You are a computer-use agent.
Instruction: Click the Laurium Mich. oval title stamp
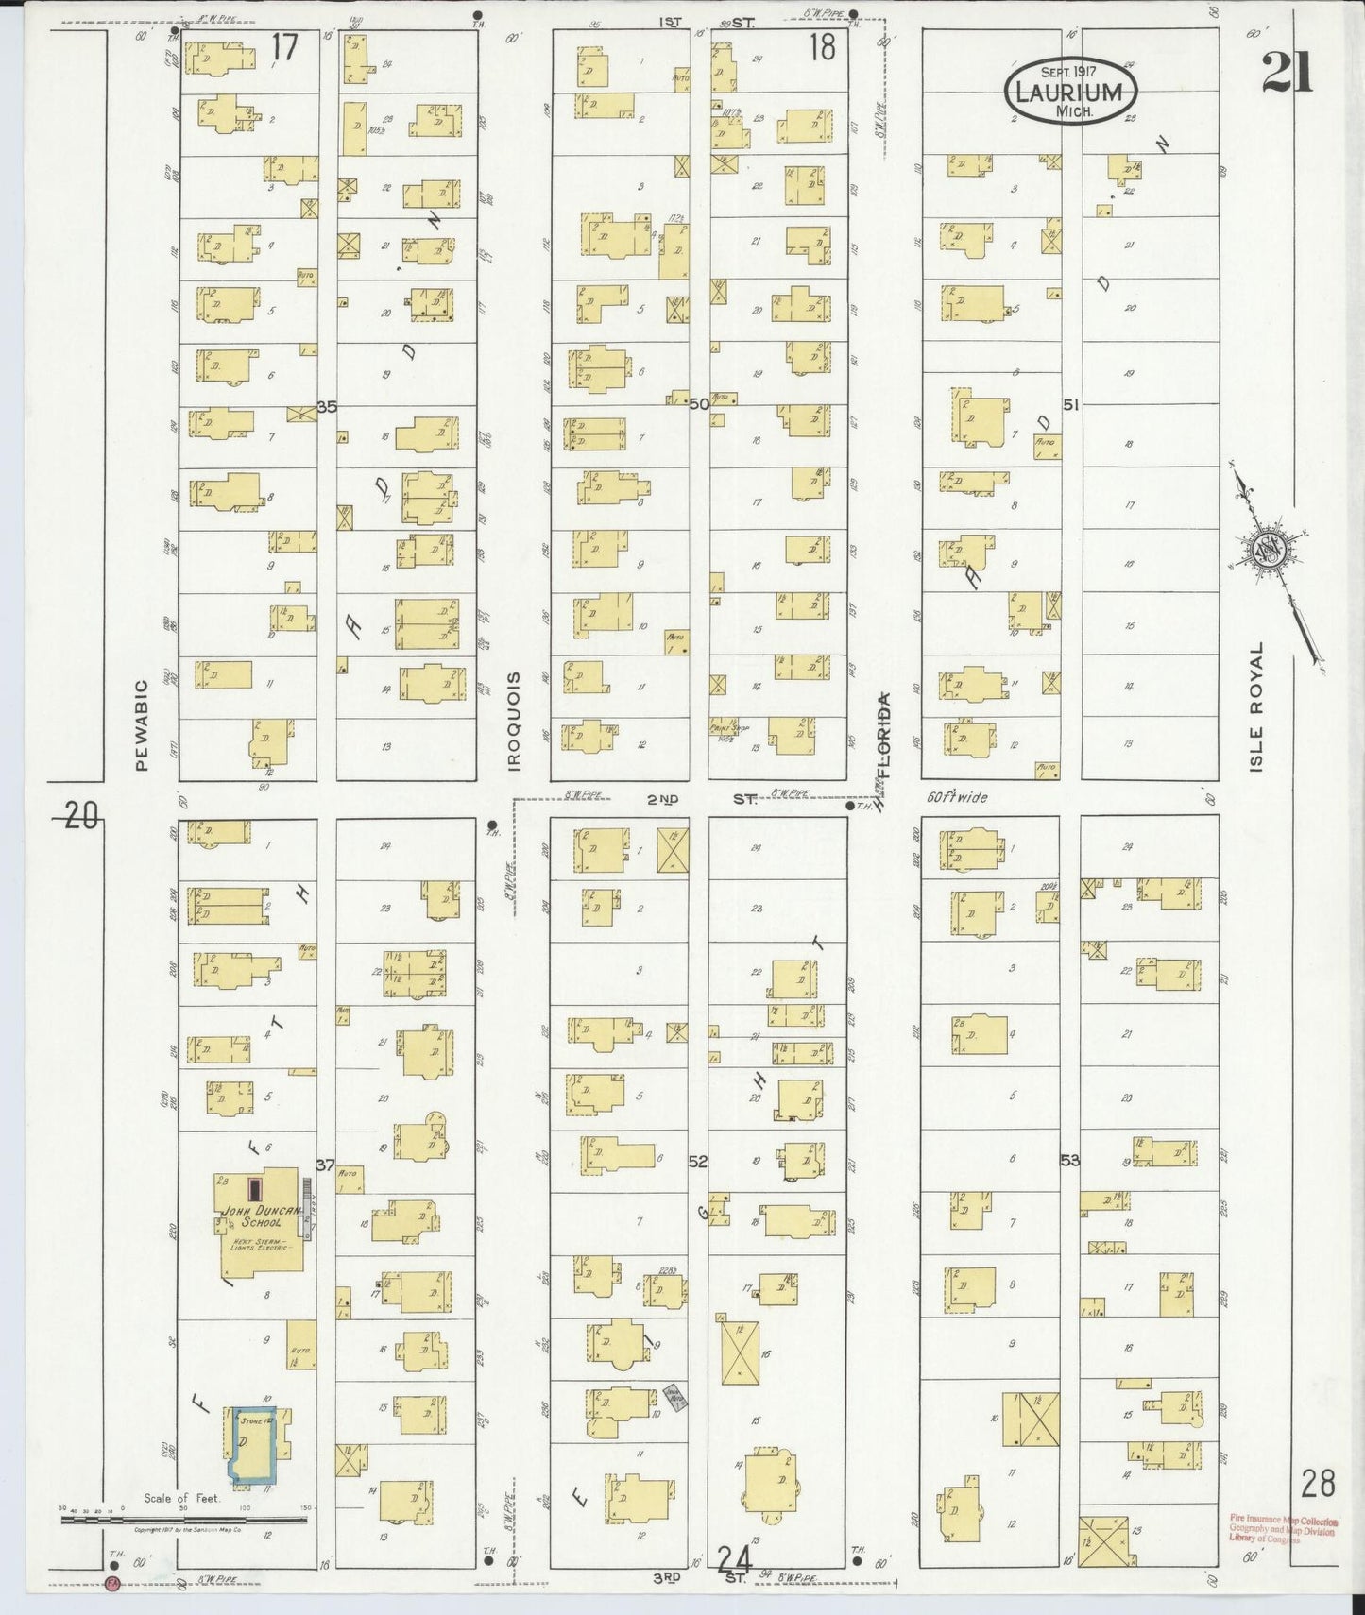tap(1069, 92)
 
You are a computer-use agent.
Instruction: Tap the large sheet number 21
tap(1287, 72)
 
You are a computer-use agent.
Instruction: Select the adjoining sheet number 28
tap(1318, 1484)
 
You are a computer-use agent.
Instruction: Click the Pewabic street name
tap(143, 725)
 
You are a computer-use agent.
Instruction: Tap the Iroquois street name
tap(515, 722)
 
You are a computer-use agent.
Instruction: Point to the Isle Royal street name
tap(1255, 707)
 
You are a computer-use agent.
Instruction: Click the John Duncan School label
tap(262, 1215)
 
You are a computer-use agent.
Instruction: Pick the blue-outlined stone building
tap(250, 1443)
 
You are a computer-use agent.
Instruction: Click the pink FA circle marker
tap(112, 1583)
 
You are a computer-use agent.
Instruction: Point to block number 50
tap(699, 404)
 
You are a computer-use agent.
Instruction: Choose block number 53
tap(1069, 1160)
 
